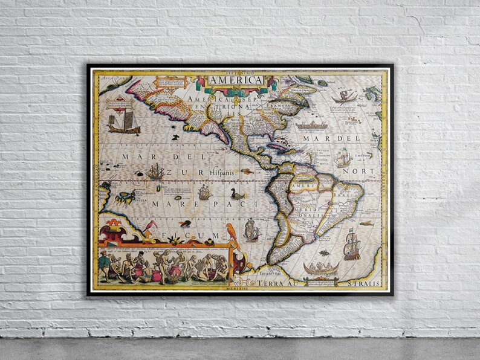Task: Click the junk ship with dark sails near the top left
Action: coord(123,123)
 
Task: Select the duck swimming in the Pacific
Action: coord(237,194)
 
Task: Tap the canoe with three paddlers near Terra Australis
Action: coord(320,268)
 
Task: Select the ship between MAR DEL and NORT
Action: coord(343,158)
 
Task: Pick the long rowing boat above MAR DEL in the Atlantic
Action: coord(311,125)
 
